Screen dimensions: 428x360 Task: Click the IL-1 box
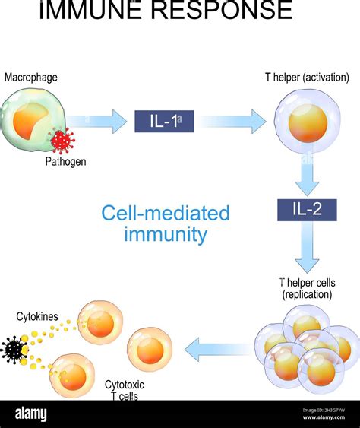click(165, 121)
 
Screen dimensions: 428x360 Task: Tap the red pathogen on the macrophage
click(61, 140)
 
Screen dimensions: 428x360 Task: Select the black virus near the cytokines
click(14, 349)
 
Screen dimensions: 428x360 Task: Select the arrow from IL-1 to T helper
click(232, 121)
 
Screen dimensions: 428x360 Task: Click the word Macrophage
click(30, 78)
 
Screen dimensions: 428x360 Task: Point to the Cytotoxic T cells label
click(126, 390)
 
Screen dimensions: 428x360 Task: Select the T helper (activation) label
click(306, 78)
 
